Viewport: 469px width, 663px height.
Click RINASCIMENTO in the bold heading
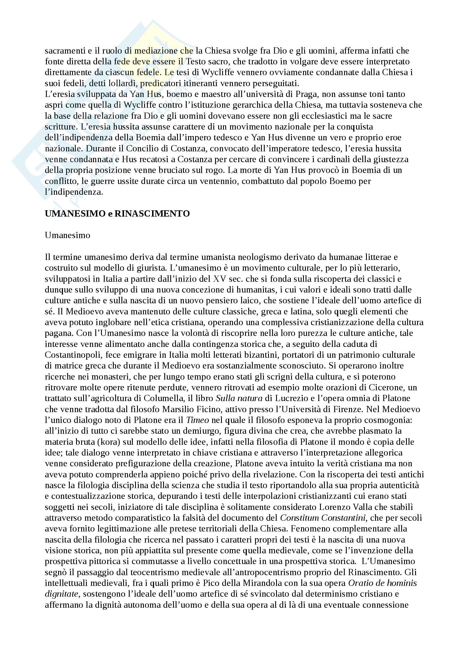point(152,214)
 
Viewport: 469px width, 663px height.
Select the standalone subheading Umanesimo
point(67,235)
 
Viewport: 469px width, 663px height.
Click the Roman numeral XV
point(219,279)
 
